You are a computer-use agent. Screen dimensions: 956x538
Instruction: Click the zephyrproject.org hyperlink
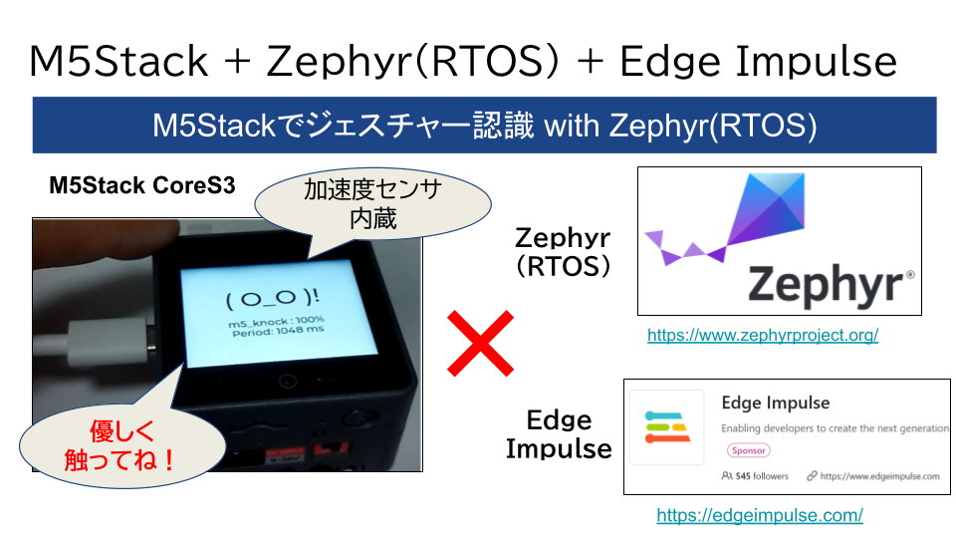(x=763, y=335)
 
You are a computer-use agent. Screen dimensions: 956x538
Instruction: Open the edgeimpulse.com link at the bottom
(x=760, y=515)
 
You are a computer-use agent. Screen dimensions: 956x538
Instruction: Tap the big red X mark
(x=480, y=343)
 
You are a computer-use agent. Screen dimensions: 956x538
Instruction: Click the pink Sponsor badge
(x=748, y=450)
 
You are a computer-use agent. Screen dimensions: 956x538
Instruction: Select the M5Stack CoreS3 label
(x=142, y=185)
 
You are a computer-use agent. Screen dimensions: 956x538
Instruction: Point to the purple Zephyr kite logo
(x=726, y=218)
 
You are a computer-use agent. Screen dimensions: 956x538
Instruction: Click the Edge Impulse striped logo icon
(x=667, y=426)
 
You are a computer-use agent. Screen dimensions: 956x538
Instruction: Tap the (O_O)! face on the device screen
(x=273, y=298)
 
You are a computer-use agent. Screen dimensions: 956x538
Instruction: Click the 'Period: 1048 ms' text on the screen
(x=278, y=331)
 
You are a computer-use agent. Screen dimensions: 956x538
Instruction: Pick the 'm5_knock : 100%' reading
(x=276, y=321)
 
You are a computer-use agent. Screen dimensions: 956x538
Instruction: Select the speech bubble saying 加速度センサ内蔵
(x=372, y=204)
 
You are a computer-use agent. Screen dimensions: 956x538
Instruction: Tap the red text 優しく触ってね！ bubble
(x=121, y=446)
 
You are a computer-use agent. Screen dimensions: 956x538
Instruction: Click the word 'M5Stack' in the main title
(x=119, y=61)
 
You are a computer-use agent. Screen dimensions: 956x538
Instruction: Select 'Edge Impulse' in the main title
(x=759, y=62)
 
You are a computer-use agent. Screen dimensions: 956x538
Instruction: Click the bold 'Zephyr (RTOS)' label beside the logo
(x=563, y=252)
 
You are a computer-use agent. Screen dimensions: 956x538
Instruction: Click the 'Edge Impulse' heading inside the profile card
(x=776, y=403)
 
